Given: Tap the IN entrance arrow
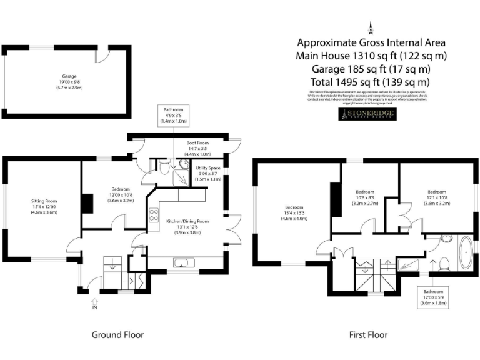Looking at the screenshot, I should point(94,304).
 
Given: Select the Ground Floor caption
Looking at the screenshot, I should point(117,335).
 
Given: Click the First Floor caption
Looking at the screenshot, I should point(368,335).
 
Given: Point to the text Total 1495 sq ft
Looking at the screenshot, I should point(370,82).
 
